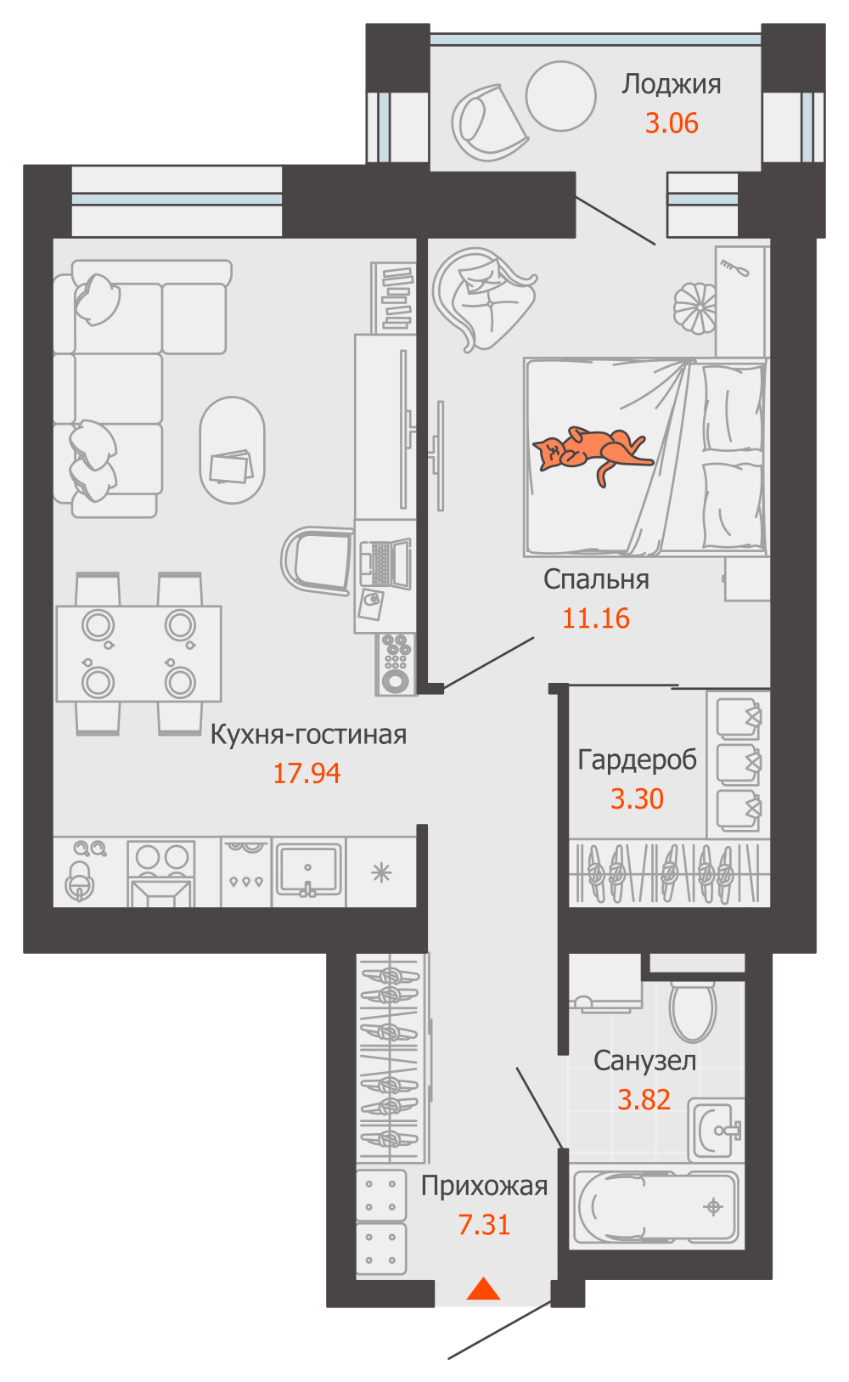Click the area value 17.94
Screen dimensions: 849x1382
click(x=306, y=774)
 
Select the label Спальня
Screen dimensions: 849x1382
click(x=596, y=579)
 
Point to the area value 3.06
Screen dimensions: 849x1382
click(x=672, y=123)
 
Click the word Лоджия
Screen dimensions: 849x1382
click(x=671, y=84)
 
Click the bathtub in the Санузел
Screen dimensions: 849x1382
click(x=656, y=1207)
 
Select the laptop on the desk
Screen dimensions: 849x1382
click(x=385, y=562)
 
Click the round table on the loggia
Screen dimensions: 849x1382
click(x=560, y=96)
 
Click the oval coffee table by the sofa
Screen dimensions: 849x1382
click(x=233, y=450)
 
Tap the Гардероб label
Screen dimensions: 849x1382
click(x=637, y=760)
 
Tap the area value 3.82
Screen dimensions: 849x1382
click(x=644, y=1100)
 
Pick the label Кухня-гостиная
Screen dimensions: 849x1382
click(x=308, y=735)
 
